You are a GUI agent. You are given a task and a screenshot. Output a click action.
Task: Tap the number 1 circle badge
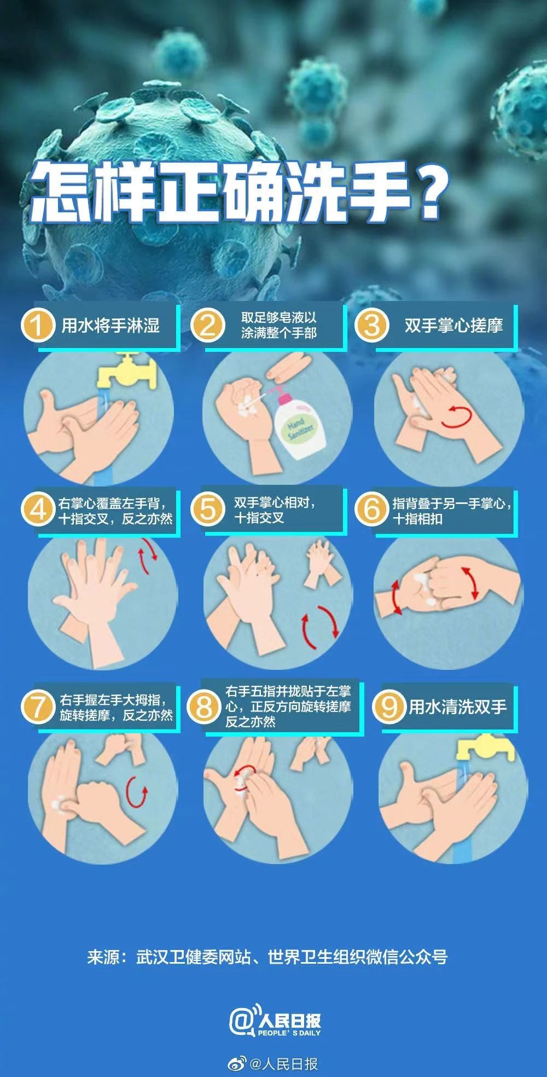[37, 326]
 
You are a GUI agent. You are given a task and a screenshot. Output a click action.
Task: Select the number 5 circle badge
[208, 509]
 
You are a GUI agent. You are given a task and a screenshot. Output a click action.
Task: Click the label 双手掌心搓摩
[453, 326]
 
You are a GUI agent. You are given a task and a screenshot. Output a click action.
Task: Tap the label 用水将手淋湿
[110, 326]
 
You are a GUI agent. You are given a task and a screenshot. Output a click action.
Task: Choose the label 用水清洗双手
[457, 707]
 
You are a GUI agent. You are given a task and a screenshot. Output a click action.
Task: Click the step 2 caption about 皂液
[279, 325]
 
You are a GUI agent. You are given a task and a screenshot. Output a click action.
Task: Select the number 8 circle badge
[203, 707]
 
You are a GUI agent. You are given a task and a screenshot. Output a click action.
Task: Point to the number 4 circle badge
[37, 509]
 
